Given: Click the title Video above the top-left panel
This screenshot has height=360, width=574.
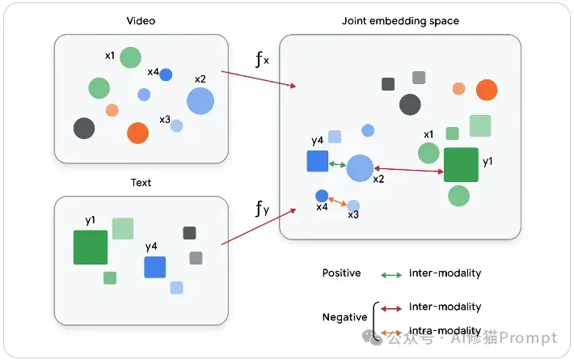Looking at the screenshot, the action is point(141,21).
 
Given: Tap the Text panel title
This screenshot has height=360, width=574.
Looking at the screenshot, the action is point(141,182).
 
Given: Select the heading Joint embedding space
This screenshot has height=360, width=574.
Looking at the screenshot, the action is point(400,21).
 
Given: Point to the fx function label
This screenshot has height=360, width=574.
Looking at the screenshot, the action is point(262,59).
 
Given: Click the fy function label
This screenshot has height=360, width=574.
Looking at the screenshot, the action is point(262,209).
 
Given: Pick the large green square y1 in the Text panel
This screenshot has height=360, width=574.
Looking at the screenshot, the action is point(91,248).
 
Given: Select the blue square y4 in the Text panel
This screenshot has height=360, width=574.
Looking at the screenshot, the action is point(155,267).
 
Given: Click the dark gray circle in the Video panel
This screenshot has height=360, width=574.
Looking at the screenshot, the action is point(84,128).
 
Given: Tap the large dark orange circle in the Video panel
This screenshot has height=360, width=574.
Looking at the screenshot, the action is point(137,133).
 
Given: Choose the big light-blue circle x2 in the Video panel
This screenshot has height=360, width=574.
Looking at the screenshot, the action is point(200,101).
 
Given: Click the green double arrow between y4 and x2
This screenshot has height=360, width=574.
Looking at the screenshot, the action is point(337,165).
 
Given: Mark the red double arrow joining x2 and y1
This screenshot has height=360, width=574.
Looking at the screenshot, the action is point(408,170).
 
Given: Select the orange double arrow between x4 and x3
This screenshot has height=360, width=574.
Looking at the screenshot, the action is point(337,201).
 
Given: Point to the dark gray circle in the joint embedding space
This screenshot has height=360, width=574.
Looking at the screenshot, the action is point(410,104).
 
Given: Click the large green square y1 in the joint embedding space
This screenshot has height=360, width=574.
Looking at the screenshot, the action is point(461,165).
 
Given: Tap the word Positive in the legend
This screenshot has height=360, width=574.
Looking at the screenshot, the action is point(341,273).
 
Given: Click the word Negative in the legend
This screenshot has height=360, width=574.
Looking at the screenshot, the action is point(344,317).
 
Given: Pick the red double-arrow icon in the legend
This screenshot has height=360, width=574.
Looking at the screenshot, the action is point(391,309).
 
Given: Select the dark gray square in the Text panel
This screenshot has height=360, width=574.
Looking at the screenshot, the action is point(189,233).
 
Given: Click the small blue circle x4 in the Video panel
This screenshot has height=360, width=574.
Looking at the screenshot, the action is point(166,74).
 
